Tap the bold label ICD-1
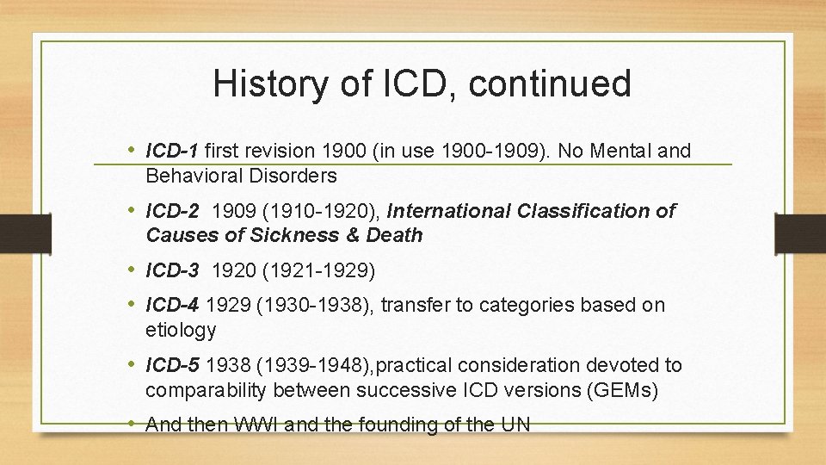(172, 152)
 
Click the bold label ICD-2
(172, 211)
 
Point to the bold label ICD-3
(172, 271)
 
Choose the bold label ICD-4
(172, 305)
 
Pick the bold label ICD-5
(172, 366)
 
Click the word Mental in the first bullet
(620, 152)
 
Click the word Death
(395, 235)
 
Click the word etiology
(181, 330)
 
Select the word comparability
(205, 390)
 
